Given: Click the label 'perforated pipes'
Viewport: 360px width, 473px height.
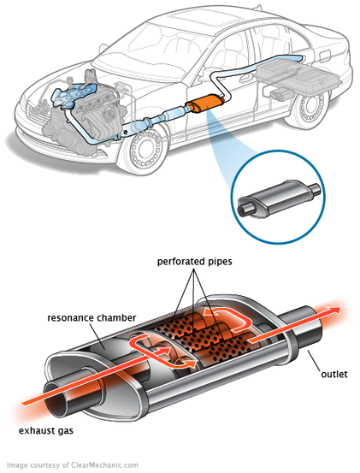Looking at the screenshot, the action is tap(194, 261).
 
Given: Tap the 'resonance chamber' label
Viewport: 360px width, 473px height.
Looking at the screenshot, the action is tap(91, 318).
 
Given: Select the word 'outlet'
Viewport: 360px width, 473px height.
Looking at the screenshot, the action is tap(334, 375).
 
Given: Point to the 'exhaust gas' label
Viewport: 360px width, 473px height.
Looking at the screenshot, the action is tap(46, 431).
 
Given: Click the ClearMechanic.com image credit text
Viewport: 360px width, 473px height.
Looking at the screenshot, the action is tap(73, 464).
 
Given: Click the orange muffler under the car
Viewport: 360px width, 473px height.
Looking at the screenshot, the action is tap(205, 103).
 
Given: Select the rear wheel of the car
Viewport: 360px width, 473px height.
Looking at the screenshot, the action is tap(310, 108).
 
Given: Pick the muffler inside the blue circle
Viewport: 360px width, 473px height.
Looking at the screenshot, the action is tap(278, 198).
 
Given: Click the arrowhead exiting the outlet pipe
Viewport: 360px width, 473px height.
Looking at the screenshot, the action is tap(334, 310).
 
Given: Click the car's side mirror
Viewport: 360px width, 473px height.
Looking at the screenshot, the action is tap(103, 48).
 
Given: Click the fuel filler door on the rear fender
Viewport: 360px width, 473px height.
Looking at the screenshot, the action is tap(325, 56).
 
